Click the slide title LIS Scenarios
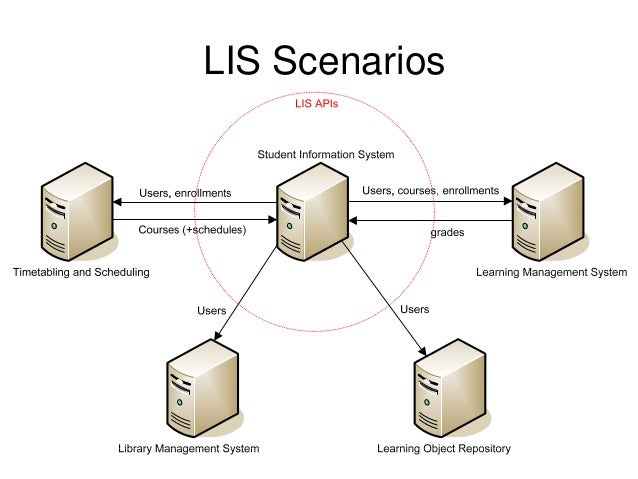[324, 60]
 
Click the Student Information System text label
[326, 155]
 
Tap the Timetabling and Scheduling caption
[81, 272]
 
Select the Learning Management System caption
[552, 272]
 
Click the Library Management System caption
[189, 449]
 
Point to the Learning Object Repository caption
[444, 449]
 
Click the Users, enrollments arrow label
[185, 192]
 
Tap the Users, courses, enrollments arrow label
[430, 190]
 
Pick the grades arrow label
[446, 233]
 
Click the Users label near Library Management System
[212, 311]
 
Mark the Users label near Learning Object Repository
[414, 309]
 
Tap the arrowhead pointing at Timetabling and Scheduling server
[116, 203]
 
